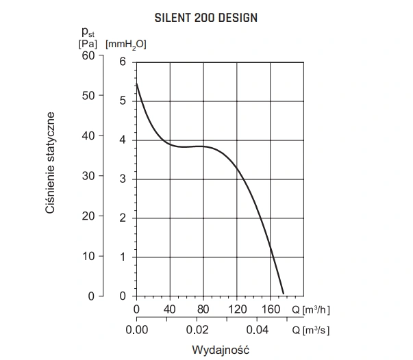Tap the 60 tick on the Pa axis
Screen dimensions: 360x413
pyautogui.click(x=89, y=55)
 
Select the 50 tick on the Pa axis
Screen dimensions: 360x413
pyautogui.click(x=89, y=95)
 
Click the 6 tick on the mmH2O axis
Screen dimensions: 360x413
pyautogui.click(x=123, y=62)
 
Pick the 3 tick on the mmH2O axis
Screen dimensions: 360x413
pyautogui.click(x=123, y=179)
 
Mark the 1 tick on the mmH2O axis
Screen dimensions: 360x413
pyautogui.click(x=123, y=257)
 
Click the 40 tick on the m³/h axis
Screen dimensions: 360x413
pyautogui.click(x=170, y=309)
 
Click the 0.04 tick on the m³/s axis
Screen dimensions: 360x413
pyautogui.click(x=270, y=330)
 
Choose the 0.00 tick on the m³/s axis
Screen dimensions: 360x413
pyautogui.click(x=137, y=330)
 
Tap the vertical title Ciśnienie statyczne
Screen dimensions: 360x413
pyautogui.click(x=50, y=163)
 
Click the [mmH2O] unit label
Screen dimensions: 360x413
pyautogui.click(x=126, y=44)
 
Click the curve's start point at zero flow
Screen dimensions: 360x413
pyautogui.click(x=137, y=83)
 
